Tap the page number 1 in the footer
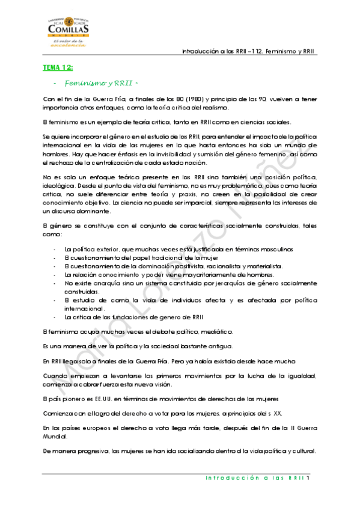307,479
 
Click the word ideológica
58,186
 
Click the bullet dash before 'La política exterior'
55,248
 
